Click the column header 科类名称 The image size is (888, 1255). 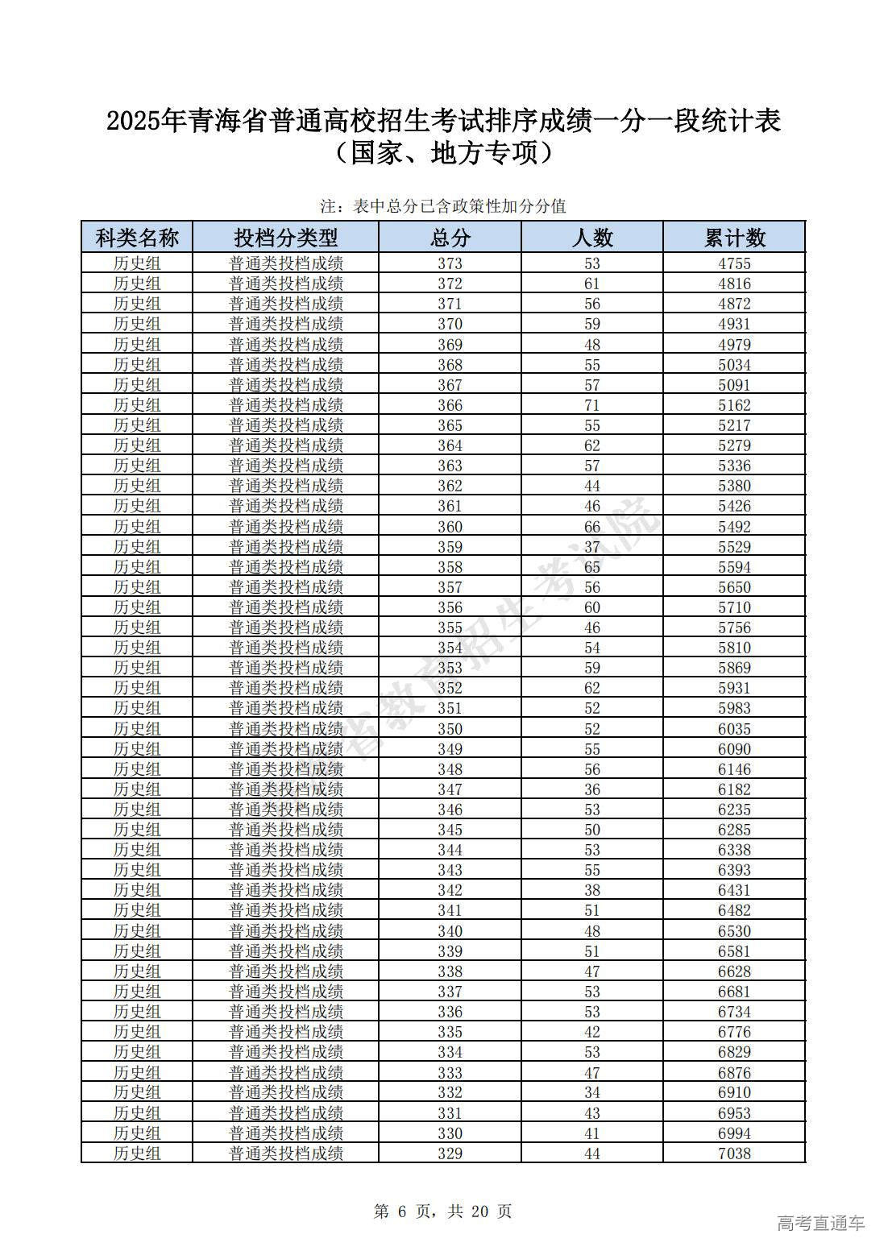pyautogui.click(x=137, y=238)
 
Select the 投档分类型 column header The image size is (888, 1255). pyautogui.click(x=285, y=238)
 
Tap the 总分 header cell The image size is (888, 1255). pyautogui.click(x=450, y=238)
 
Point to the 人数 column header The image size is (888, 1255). pyautogui.click(x=591, y=238)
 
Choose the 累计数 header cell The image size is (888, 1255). pyautogui.click(x=734, y=238)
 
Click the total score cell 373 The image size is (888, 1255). pyautogui.click(x=450, y=263)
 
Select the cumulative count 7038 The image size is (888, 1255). pyautogui.click(x=734, y=1154)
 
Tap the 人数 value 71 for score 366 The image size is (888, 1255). pyautogui.click(x=591, y=405)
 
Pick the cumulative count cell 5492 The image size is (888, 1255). pyautogui.click(x=734, y=527)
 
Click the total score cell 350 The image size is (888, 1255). pyautogui.click(x=450, y=729)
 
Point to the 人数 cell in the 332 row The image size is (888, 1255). pyautogui.click(x=591, y=1092)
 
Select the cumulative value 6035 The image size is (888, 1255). pyautogui.click(x=734, y=729)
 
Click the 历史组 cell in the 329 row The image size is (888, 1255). pyautogui.click(x=137, y=1154)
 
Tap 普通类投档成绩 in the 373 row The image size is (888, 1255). pyautogui.click(x=285, y=263)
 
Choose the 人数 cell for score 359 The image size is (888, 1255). pyautogui.click(x=591, y=547)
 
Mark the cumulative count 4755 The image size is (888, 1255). pyautogui.click(x=734, y=263)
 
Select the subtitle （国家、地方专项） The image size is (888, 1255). pyautogui.click(x=443, y=153)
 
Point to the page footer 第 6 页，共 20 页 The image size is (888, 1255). pyautogui.click(x=443, y=1212)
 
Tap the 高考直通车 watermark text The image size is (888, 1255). pyautogui.click(x=820, y=1223)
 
